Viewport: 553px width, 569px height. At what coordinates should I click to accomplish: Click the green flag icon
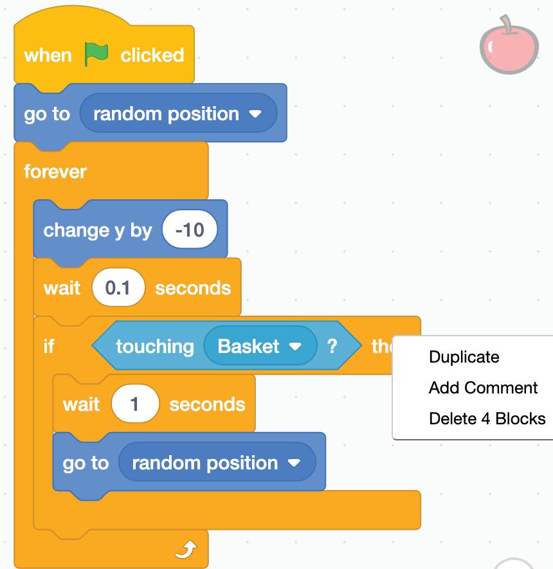[96, 55]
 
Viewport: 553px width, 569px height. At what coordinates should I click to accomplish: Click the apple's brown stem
[507, 24]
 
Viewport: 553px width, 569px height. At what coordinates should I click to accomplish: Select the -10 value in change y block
[190, 230]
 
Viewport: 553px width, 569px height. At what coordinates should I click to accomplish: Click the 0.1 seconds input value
[118, 287]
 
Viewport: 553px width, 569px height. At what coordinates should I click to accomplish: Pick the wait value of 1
[135, 404]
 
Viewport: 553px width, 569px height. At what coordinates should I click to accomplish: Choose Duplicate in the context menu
[464, 357]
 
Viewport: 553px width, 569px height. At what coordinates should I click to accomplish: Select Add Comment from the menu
[483, 388]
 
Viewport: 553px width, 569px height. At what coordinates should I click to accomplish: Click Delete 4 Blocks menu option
[487, 419]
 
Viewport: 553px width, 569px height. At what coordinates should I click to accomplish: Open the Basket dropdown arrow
[295, 347]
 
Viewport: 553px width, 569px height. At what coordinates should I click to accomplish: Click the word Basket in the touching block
[248, 346]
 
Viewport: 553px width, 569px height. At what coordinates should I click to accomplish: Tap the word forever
[55, 172]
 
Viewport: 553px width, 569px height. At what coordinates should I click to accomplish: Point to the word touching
[154, 346]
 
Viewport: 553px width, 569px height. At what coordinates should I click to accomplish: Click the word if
[49, 346]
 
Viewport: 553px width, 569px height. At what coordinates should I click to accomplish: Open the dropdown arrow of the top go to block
[255, 114]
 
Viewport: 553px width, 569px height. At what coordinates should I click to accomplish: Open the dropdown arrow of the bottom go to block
[294, 463]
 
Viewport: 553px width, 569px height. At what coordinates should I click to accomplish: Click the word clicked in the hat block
[152, 55]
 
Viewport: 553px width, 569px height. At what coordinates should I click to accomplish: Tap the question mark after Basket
[332, 346]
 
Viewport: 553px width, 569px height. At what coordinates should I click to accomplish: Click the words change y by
[97, 230]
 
